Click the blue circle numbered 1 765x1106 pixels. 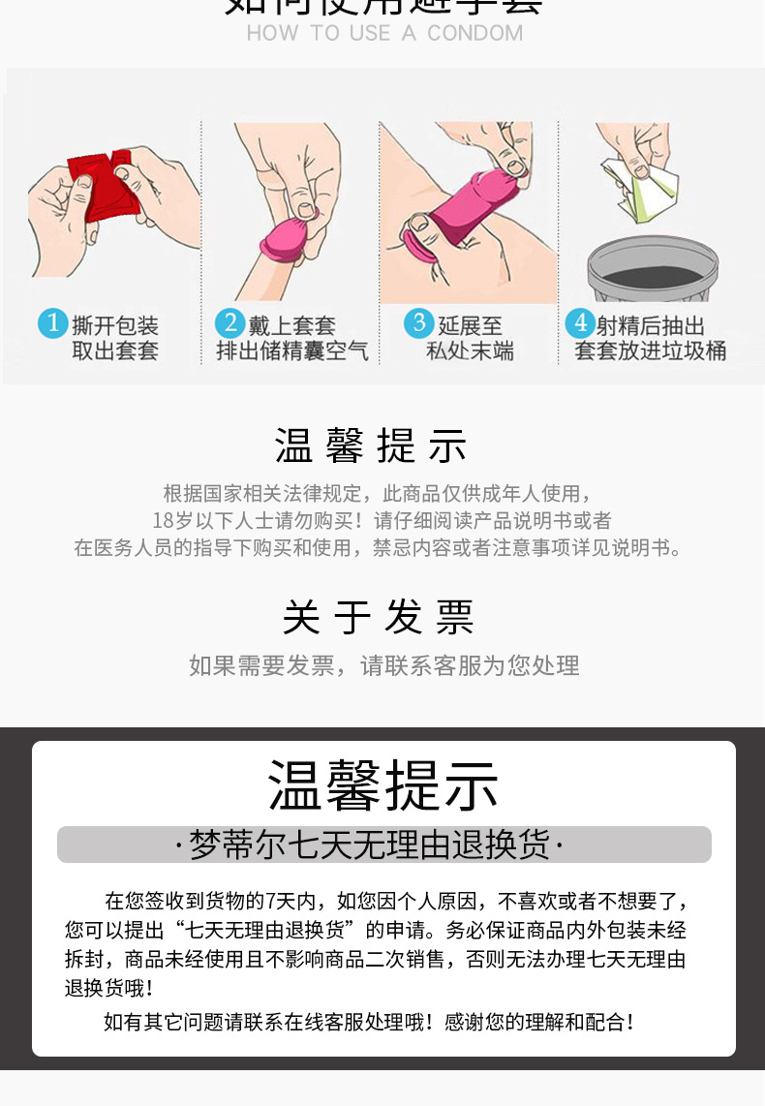[52, 323]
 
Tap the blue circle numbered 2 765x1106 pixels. [229, 323]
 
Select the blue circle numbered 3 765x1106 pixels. [419, 323]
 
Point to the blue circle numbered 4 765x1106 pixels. [579, 323]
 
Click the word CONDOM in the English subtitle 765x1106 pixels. [474, 33]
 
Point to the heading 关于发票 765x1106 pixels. [379, 617]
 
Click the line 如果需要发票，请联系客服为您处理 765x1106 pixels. [383, 665]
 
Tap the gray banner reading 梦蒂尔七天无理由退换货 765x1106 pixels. [383, 845]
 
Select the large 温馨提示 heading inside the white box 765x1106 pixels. [383, 785]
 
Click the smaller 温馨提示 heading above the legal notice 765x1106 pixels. [372, 446]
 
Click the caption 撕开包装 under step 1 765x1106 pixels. [115, 325]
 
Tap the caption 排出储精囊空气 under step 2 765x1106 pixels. [292, 351]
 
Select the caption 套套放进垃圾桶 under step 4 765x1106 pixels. [650, 351]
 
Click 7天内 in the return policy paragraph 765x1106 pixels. [290, 902]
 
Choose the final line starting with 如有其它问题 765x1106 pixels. [369, 1021]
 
